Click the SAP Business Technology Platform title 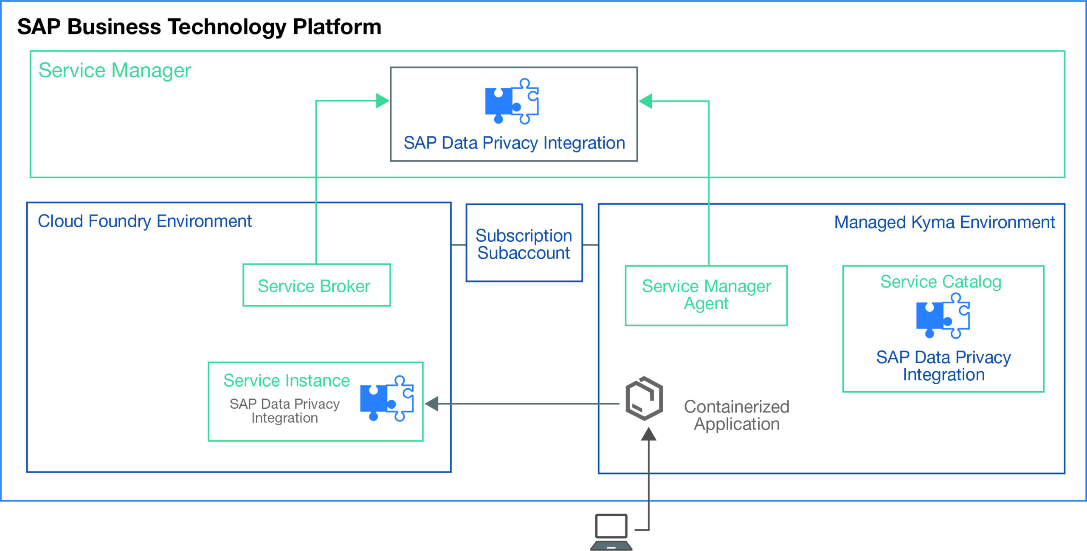(199, 27)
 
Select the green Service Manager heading (115, 71)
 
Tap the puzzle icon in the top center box (512, 101)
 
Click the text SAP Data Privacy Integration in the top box (514, 143)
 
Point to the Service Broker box (316, 285)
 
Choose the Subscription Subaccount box (524, 243)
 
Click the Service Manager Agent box (706, 295)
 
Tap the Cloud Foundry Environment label (145, 221)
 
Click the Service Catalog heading (941, 282)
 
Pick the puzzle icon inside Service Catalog (943, 316)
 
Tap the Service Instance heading (287, 380)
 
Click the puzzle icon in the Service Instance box (386, 398)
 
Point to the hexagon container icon (644, 398)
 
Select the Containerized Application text (736, 415)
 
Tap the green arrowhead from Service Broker (382, 101)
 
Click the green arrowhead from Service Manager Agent (646, 101)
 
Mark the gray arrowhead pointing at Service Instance (432, 404)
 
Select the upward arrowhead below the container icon (648, 434)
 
